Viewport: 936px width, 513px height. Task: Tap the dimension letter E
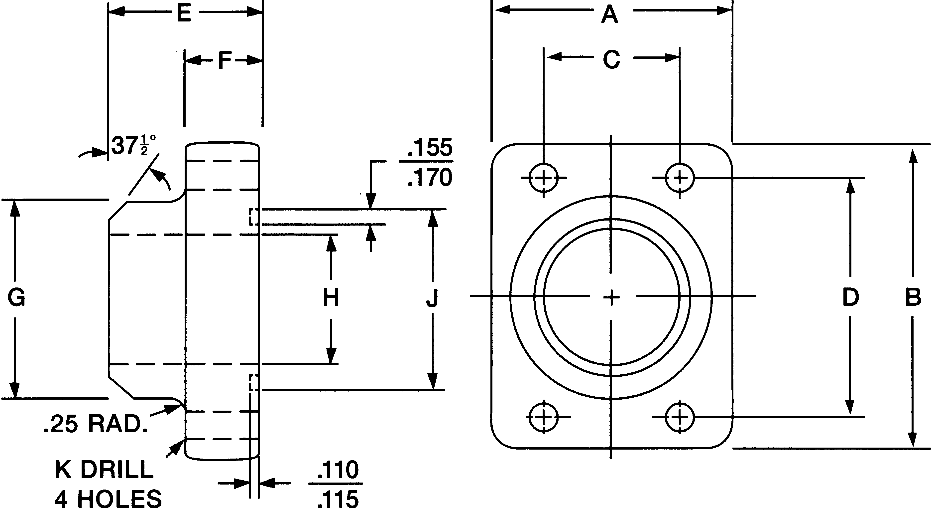click(x=184, y=14)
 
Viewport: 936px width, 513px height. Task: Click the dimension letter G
click(x=16, y=298)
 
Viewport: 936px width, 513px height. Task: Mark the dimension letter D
click(x=850, y=297)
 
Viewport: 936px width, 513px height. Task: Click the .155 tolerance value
click(x=429, y=148)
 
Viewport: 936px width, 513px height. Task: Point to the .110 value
click(x=338, y=470)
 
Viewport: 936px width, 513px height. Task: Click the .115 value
click(x=338, y=500)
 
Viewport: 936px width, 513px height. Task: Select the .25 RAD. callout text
click(x=96, y=424)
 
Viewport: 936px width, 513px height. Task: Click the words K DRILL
click(x=104, y=469)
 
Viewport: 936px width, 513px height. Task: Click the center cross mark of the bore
click(x=611, y=297)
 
